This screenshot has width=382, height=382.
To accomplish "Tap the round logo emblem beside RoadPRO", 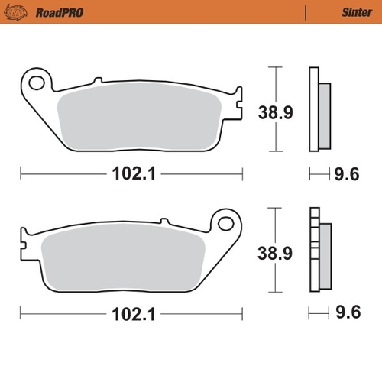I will (19, 12).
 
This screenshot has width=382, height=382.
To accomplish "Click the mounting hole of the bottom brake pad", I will (226, 223).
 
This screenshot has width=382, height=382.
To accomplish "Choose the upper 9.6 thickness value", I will (345, 174).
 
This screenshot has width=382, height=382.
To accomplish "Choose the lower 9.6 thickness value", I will (345, 313).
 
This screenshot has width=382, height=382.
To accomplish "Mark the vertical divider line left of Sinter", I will (306, 12).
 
